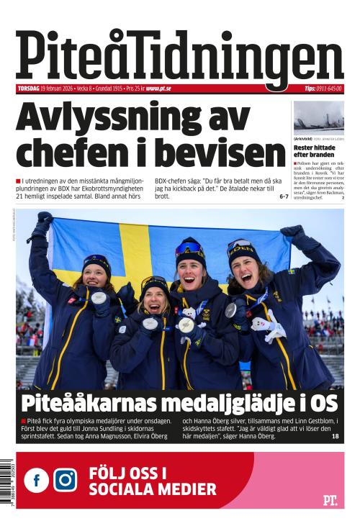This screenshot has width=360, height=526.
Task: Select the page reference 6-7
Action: coord(283,196)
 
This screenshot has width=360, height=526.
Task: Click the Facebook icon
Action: coord(37,480)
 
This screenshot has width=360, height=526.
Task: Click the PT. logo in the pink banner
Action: coord(330,499)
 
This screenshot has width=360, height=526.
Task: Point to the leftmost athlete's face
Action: coord(96,274)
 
